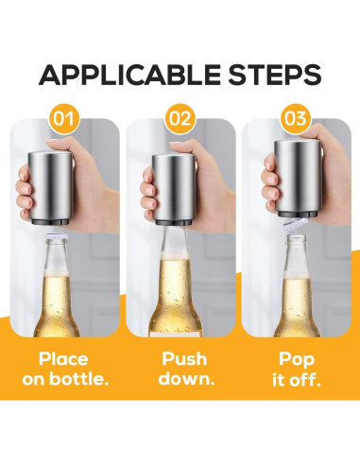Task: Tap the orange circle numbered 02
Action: tap(180, 121)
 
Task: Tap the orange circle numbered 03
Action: tap(297, 121)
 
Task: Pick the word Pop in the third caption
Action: tap(297, 360)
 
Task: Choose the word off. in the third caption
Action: tap(308, 381)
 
